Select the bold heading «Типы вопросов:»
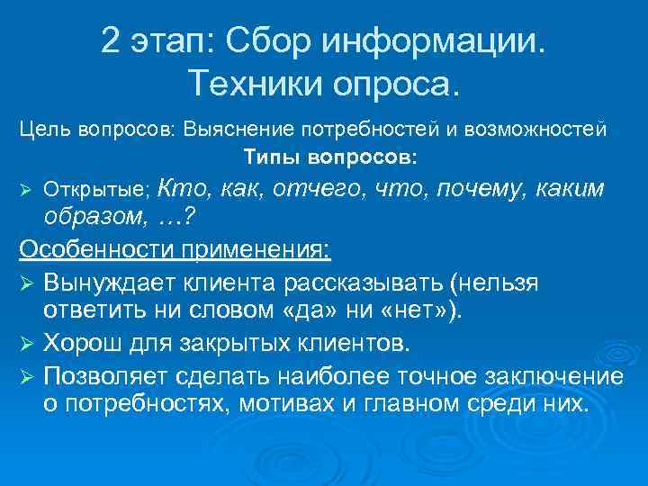tap(330, 157)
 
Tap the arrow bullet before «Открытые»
tap(26, 191)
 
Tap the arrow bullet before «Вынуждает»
tap(26, 283)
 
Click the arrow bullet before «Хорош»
tap(26, 344)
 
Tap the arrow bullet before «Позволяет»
tap(26, 374)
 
